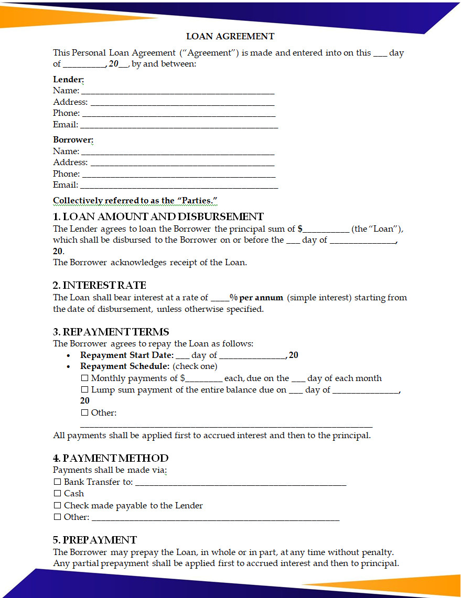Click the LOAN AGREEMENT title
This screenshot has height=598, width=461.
coord(230,36)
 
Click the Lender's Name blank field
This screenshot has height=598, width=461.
coord(177,91)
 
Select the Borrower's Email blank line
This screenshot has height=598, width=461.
coord(179,186)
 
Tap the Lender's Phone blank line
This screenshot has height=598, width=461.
coord(179,114)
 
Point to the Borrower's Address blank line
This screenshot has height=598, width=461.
coord(183,163)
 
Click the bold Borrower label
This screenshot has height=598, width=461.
coord(73,140)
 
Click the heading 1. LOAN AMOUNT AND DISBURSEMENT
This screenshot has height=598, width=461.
coord(158,216)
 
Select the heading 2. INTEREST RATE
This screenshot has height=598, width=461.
coord(100,285)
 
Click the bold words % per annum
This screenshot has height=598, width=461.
coord(256,297)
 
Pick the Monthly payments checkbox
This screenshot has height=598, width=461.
coord(84,378)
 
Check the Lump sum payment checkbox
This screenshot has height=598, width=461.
coord(84,390)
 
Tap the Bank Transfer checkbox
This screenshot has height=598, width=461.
coord(57,482)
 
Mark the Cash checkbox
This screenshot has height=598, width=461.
coord(57,493)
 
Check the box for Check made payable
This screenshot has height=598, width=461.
coord(57,506)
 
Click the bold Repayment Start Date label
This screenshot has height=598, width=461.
coord(126,355)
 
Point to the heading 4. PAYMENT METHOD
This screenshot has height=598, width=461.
coord(111,458)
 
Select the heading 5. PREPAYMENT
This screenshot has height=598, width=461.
coord(95,540)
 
